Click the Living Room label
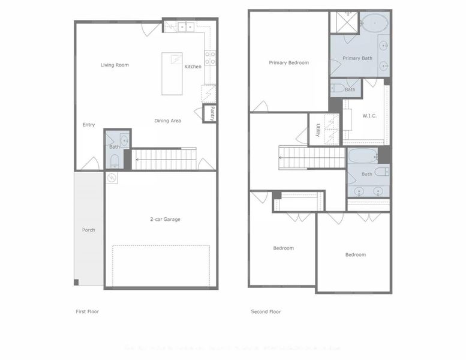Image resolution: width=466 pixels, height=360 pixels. [x=115, y=65]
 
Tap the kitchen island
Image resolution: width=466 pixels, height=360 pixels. [x=172, y=73]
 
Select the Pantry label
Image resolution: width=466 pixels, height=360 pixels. [x=212, y=113]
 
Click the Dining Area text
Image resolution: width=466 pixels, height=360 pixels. [x=167, y=121]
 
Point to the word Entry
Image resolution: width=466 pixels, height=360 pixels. [x=89, y=125]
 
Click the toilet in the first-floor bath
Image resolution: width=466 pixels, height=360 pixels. [x=115, y=161]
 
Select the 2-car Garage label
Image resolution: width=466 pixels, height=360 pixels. [x=165, y=219]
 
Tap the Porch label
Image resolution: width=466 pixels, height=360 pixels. [x=88, y=230]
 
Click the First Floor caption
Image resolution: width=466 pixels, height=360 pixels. [x=87, y=311]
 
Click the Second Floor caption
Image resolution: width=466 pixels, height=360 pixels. [x=266, y=311]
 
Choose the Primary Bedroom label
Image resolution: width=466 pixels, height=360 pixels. [x=288, y=62]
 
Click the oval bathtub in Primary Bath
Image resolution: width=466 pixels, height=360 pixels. [x=374, y=23]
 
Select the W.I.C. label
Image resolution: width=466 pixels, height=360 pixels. [x=369, y=116]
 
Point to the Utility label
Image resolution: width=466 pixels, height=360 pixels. [x=317, y=129]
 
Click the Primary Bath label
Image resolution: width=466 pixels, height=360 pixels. [x=358, y=58]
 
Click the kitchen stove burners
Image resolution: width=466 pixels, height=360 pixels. [x=211, y=58]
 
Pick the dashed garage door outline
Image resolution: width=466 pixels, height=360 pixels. [x=161, y=265]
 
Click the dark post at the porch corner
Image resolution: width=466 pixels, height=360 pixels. [x=76, y=282]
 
